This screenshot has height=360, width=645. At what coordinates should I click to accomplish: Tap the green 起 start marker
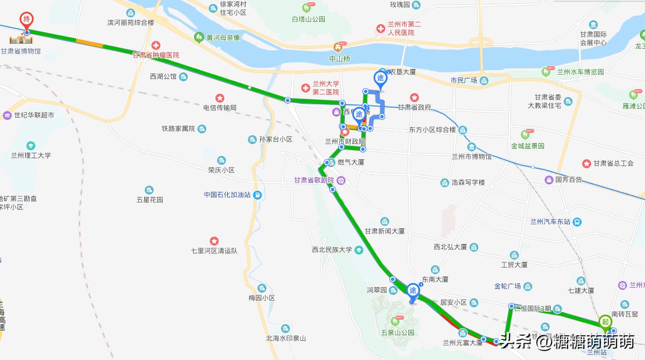tap(605, 322)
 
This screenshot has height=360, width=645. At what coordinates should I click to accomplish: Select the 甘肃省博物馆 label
tap(21, 52)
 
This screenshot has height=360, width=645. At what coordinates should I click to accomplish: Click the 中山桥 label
tap(339, 58)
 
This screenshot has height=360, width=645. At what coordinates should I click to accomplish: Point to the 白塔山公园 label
tap(308, 19)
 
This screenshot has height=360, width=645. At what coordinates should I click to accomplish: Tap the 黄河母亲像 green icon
tap(199, 38)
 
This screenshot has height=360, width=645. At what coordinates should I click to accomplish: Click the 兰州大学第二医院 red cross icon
tap(305, 88)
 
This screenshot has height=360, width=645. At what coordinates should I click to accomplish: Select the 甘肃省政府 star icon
tap(414, 97)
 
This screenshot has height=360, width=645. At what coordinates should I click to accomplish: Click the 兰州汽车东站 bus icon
tap(576, 221)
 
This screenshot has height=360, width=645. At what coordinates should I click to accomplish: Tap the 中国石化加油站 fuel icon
tap(257, 195)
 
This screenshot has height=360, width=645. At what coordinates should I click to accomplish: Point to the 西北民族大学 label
tap(332, 250)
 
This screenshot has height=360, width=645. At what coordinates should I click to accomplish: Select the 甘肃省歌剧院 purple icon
tap(341, 180)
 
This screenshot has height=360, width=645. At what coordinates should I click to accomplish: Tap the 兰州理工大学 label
tap(31, 155)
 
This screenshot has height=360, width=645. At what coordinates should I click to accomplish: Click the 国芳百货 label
tap(569, 180)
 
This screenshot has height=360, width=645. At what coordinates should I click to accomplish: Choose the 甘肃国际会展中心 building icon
tap(593, 25)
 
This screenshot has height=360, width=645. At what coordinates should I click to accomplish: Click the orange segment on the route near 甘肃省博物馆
tap(90, 42)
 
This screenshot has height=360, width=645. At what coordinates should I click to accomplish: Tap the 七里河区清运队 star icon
tap(214, 241)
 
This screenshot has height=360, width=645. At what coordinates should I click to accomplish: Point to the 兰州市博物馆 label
tap(472, 156)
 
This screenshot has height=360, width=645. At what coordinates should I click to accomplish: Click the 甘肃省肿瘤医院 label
tap(156, 55)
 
